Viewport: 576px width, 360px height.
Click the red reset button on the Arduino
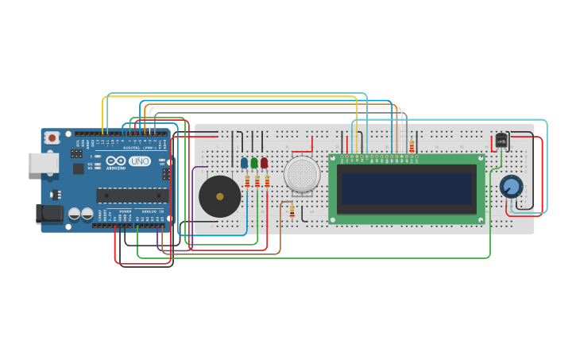tap(52, 137)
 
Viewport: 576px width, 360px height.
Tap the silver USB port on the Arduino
tap(43, 163)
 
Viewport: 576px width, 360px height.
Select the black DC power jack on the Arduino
tap(49, 213)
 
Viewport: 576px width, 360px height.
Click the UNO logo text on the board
tap(140, 161)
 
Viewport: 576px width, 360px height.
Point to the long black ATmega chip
tap(131, 195)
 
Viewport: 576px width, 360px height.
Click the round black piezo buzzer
tap(219, 196)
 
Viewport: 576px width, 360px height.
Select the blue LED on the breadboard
tap(245, 163)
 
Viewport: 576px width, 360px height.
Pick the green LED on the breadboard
tap(254, 163)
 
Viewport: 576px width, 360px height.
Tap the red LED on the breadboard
tap(264, 163)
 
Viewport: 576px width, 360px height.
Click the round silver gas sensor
tap(302, 174)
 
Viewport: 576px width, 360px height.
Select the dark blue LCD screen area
tap(406, 189)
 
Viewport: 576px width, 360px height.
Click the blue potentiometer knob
tap(511, 187)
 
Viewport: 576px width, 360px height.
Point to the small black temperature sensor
tap(501, 141)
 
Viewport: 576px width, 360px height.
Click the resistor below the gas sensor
tap(292, 211)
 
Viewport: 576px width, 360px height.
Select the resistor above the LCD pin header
tap(412, 145)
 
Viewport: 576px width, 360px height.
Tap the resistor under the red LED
tap(267, 181)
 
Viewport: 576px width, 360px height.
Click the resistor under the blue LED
tap(247, 181)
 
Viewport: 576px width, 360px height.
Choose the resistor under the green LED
tap(257, 181)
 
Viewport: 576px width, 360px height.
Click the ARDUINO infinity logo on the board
tap(116, 161)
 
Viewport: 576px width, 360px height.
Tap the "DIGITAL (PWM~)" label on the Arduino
tap(140, 148)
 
